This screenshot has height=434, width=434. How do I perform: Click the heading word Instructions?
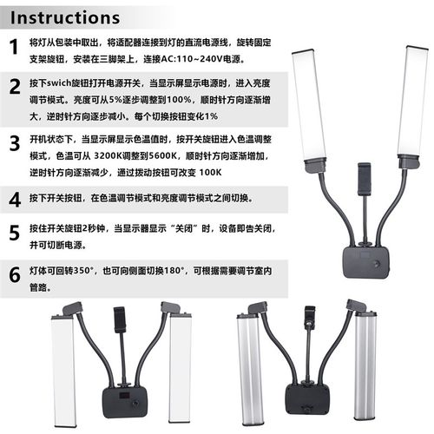(65, 18)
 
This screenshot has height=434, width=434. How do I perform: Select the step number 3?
(15, 143)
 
